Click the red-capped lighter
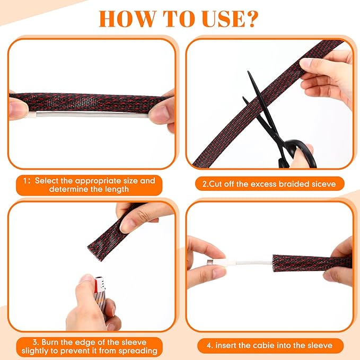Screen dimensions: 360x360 pyautogui.click(x=101, y=296)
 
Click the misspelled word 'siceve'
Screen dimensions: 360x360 pyautogui.click(x=323, y=184)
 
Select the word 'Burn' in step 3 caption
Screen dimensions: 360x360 pyautogui.click(x=50, y=343)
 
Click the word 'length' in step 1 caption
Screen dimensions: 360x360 pyautogui.click(x=117, y=189)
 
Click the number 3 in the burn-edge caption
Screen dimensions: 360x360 pyautogui.click(x=36, y=343)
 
